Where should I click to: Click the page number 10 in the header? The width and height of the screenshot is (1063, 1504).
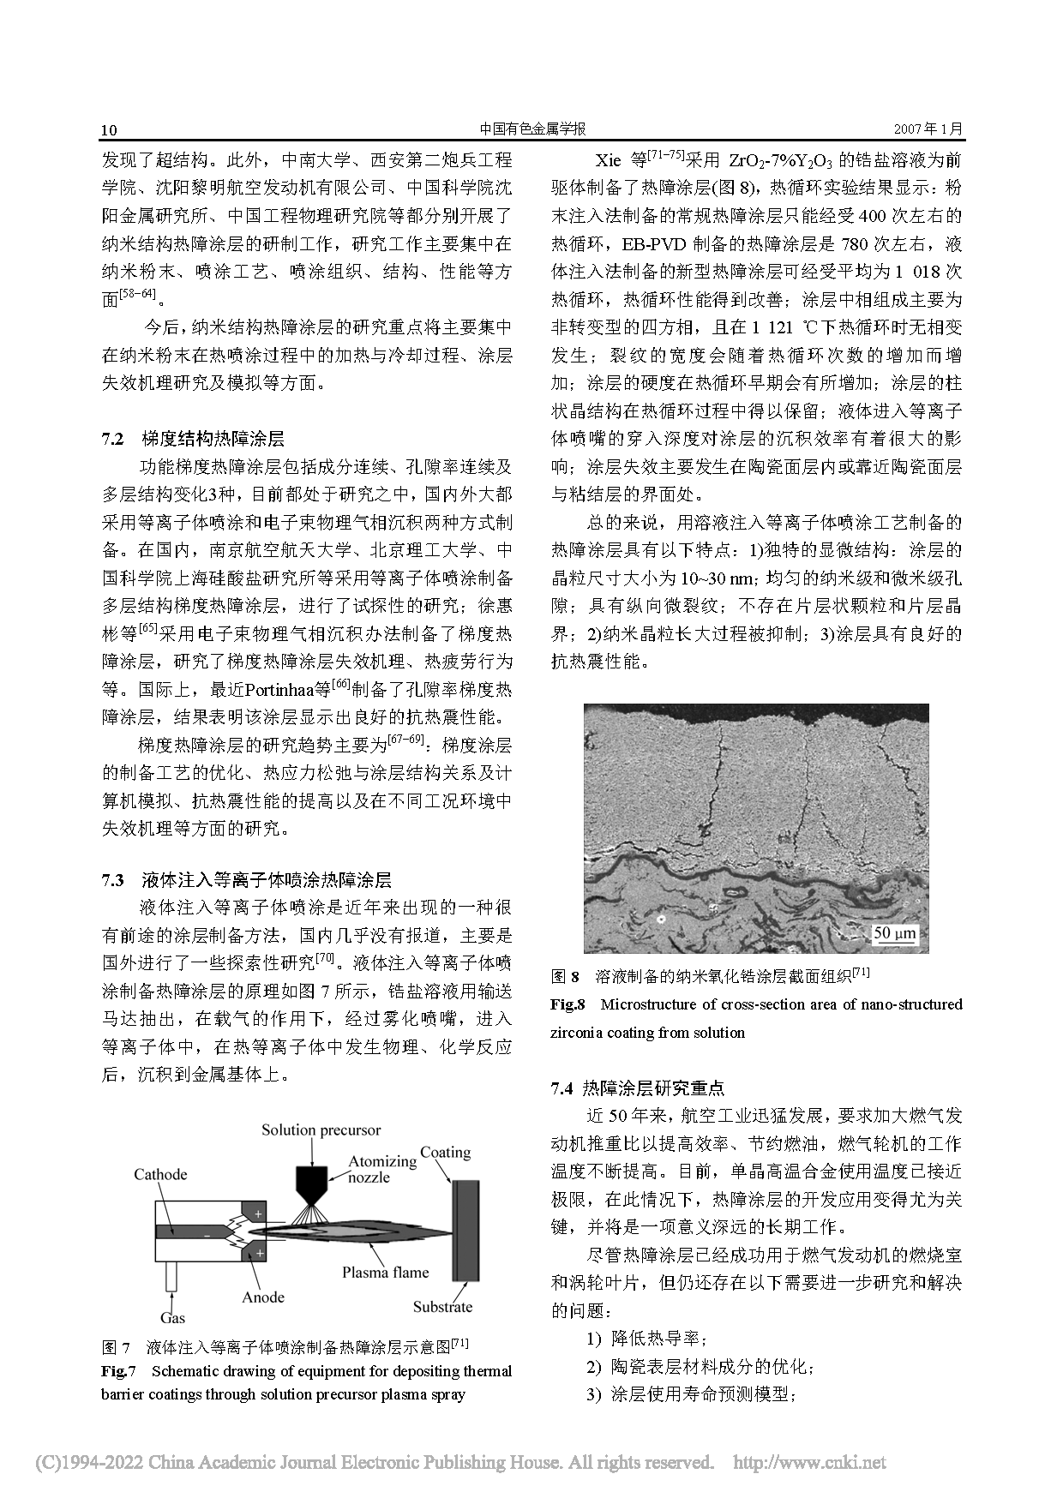tap(109, 130)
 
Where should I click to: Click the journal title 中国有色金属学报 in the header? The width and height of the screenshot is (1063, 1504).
tap(531, 129)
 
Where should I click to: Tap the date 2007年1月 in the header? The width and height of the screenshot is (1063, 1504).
tap(928, 129)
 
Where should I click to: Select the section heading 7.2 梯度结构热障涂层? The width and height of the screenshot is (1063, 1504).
tap(193, 439)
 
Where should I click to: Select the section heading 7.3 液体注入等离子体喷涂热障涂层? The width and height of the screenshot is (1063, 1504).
tap(247, 879)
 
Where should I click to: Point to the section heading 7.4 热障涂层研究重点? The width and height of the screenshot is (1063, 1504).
tap(638, 1088)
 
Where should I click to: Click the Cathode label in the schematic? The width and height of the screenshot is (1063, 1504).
tap(160, 1174)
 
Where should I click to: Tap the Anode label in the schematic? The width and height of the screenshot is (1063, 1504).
tap(262, 1297)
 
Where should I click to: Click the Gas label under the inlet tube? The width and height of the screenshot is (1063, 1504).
tap(172, 1317)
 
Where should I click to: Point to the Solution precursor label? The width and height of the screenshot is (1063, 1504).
tap(321, 1129)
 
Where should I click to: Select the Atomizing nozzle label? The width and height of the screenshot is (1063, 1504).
tap(381, 1169)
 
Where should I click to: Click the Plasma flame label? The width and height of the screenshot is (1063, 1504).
tap(385, 1272)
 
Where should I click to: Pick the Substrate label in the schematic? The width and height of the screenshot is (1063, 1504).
tap(442, 1306)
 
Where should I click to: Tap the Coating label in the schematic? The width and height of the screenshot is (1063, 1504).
tap(445, 1152)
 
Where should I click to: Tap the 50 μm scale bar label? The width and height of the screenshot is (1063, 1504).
tap(894, 932)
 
